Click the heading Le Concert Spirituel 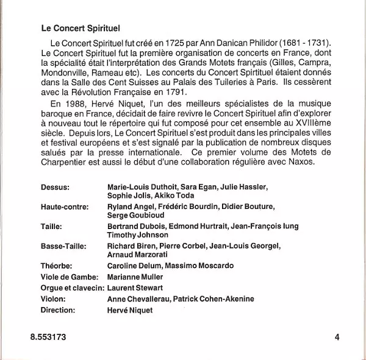80,28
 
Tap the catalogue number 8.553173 47,336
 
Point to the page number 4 337,336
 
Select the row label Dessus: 56,186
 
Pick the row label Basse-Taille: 64,246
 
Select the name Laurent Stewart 135,288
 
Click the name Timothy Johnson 138,235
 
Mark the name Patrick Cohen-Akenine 213,299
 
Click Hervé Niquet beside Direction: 129,310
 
